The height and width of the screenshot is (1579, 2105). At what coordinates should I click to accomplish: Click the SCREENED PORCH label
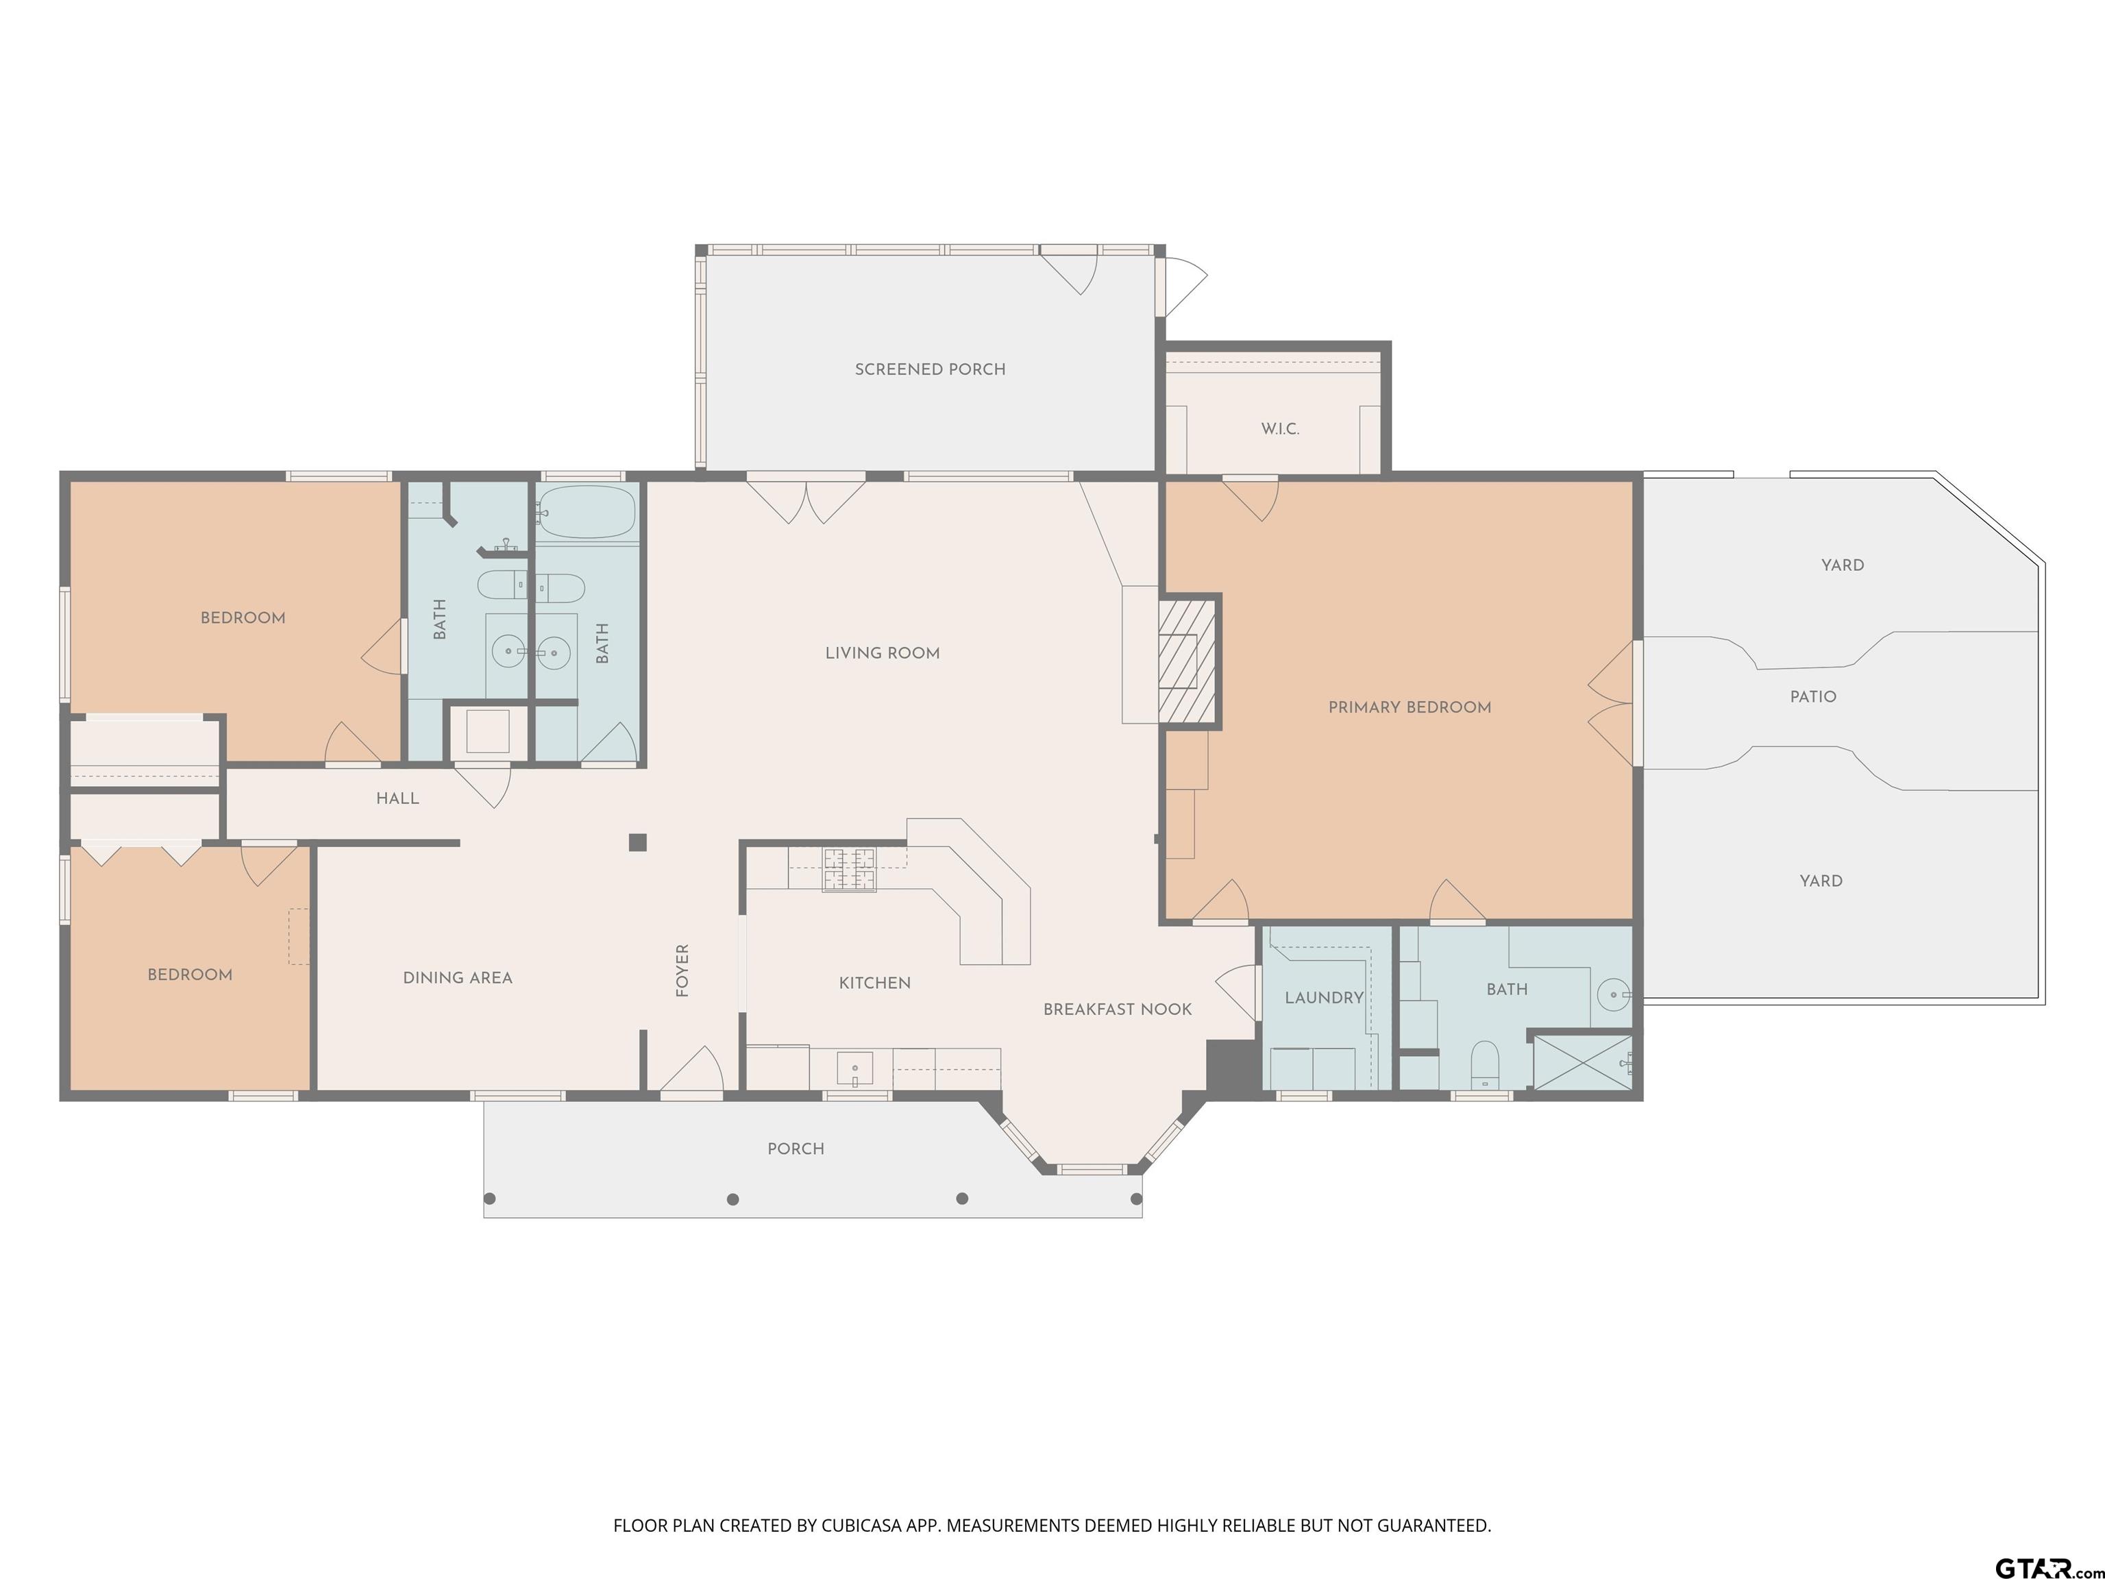[x=930, y=369]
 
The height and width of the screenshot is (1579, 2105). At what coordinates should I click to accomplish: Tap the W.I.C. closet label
[x=1280, y=429]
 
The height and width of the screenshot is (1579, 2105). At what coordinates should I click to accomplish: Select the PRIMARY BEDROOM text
[x=1410, y=707]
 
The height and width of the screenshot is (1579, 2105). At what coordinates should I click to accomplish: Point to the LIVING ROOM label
[x=882, y=653]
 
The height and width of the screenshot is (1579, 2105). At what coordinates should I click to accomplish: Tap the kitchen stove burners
[x=849, y=869]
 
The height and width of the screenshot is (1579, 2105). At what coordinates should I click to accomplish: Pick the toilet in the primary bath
[x=1486, y=1064]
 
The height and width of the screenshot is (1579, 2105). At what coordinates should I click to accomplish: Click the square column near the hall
[x=637, y=842]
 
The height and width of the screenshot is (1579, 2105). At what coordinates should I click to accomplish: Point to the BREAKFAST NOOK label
[x=1117, y=1010]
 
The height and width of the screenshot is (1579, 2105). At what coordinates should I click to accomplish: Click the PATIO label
[x=1813, y=697]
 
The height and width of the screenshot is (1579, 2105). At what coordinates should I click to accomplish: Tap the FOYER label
[x=682, y=971]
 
